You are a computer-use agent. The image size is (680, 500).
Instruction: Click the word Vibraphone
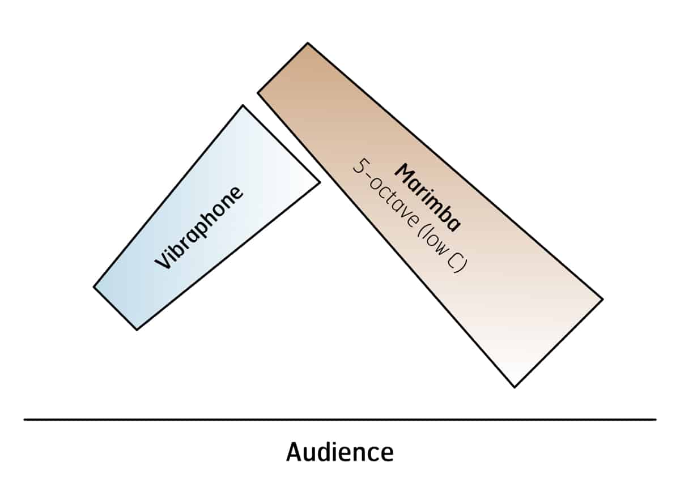click(199, 227)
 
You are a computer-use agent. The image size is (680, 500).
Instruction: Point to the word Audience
click(339, 452)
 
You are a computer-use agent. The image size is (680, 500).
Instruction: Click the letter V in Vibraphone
click(163, 263)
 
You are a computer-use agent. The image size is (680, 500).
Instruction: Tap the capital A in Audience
click(294, 452)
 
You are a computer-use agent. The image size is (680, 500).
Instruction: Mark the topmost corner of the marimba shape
click(307, 43)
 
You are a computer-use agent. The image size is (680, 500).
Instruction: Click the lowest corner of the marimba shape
click(515, 387)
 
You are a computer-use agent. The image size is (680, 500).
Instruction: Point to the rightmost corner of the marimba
click(602, 299)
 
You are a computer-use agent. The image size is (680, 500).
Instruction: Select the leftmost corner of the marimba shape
click(258, 92)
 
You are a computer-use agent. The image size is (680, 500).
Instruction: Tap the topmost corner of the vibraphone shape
click(243, 105)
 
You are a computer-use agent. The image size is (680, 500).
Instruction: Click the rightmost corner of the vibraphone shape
click(320, 182)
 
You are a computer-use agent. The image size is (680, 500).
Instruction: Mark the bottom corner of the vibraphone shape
click(137, 330)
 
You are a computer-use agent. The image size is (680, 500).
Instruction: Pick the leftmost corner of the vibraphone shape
click(93, 287)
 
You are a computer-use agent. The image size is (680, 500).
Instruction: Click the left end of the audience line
click(24, 420)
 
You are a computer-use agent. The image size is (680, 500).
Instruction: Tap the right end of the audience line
click(656, 420)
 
